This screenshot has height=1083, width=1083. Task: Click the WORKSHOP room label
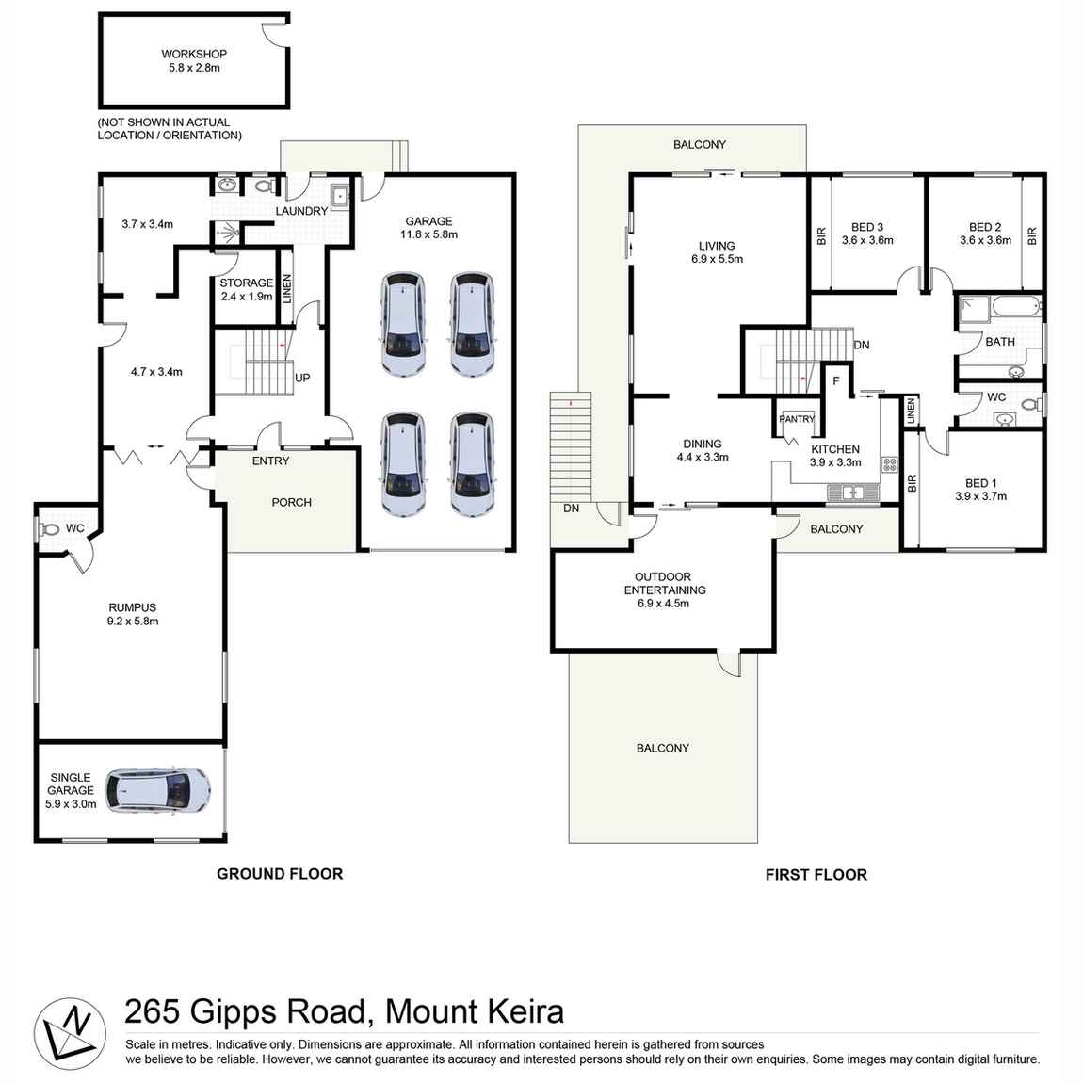tap(193, 55)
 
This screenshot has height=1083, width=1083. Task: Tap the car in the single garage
tap(157, 790)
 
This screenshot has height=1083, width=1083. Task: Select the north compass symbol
tap(70, 1031)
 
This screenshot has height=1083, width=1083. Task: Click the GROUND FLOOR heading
tap(280, 874)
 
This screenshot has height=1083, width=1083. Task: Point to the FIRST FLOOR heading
tap(816, 875)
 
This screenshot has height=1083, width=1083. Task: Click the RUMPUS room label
tap(132, 608)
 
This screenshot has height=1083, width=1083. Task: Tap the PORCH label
tap(291, 503)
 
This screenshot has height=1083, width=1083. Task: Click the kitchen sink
tap(853, 492)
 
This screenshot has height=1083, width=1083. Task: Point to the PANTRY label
tap(797, 419)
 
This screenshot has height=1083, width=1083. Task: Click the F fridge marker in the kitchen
tap(835, 381)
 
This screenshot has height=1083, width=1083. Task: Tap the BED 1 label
tap(980, 483)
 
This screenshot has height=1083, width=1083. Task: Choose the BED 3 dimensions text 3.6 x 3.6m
tap(866, 241)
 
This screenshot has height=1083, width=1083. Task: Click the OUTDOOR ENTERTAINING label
tap(664, 584)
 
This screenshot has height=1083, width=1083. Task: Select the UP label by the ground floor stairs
tap(302, 378)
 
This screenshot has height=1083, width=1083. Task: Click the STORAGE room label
tap(246, 283)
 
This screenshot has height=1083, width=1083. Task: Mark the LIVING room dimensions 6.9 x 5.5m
tap(717, 259)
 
